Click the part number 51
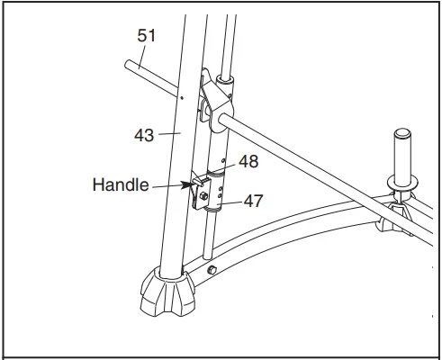pyautogui.click(x=146, y=36)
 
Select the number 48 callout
pyautogui.click(x=248, y=163)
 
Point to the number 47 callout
pyautogui.click(x=254, y=202)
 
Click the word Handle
pyautogui.click(x=120, y=186)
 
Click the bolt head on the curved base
pyautogui.click(x=212, y=270)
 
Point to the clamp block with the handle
pyautogui.click(x=206, y=191)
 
